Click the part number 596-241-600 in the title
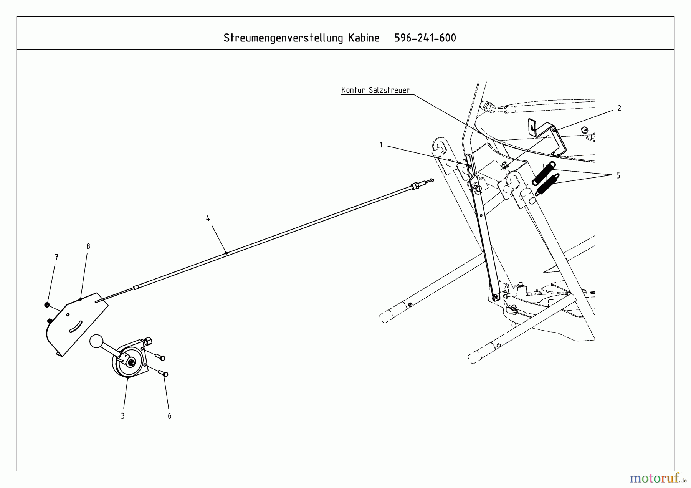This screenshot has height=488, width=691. (425, 38)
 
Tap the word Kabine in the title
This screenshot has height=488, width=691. (364, 38)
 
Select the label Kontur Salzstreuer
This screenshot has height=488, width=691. (375, 90)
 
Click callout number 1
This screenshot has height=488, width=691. (381, 145)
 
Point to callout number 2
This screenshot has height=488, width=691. (619, 109)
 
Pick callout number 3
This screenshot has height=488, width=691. (123, 415)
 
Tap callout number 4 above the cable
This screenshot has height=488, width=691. (208, 218)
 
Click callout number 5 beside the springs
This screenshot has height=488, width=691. (618, 175)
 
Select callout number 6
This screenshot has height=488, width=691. (169, 416)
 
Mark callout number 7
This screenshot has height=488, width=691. (56, 257)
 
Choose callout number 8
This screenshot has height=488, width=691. (88, 246)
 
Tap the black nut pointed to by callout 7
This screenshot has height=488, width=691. (47, 305)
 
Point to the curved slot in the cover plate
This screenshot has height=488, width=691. (76, 326)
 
